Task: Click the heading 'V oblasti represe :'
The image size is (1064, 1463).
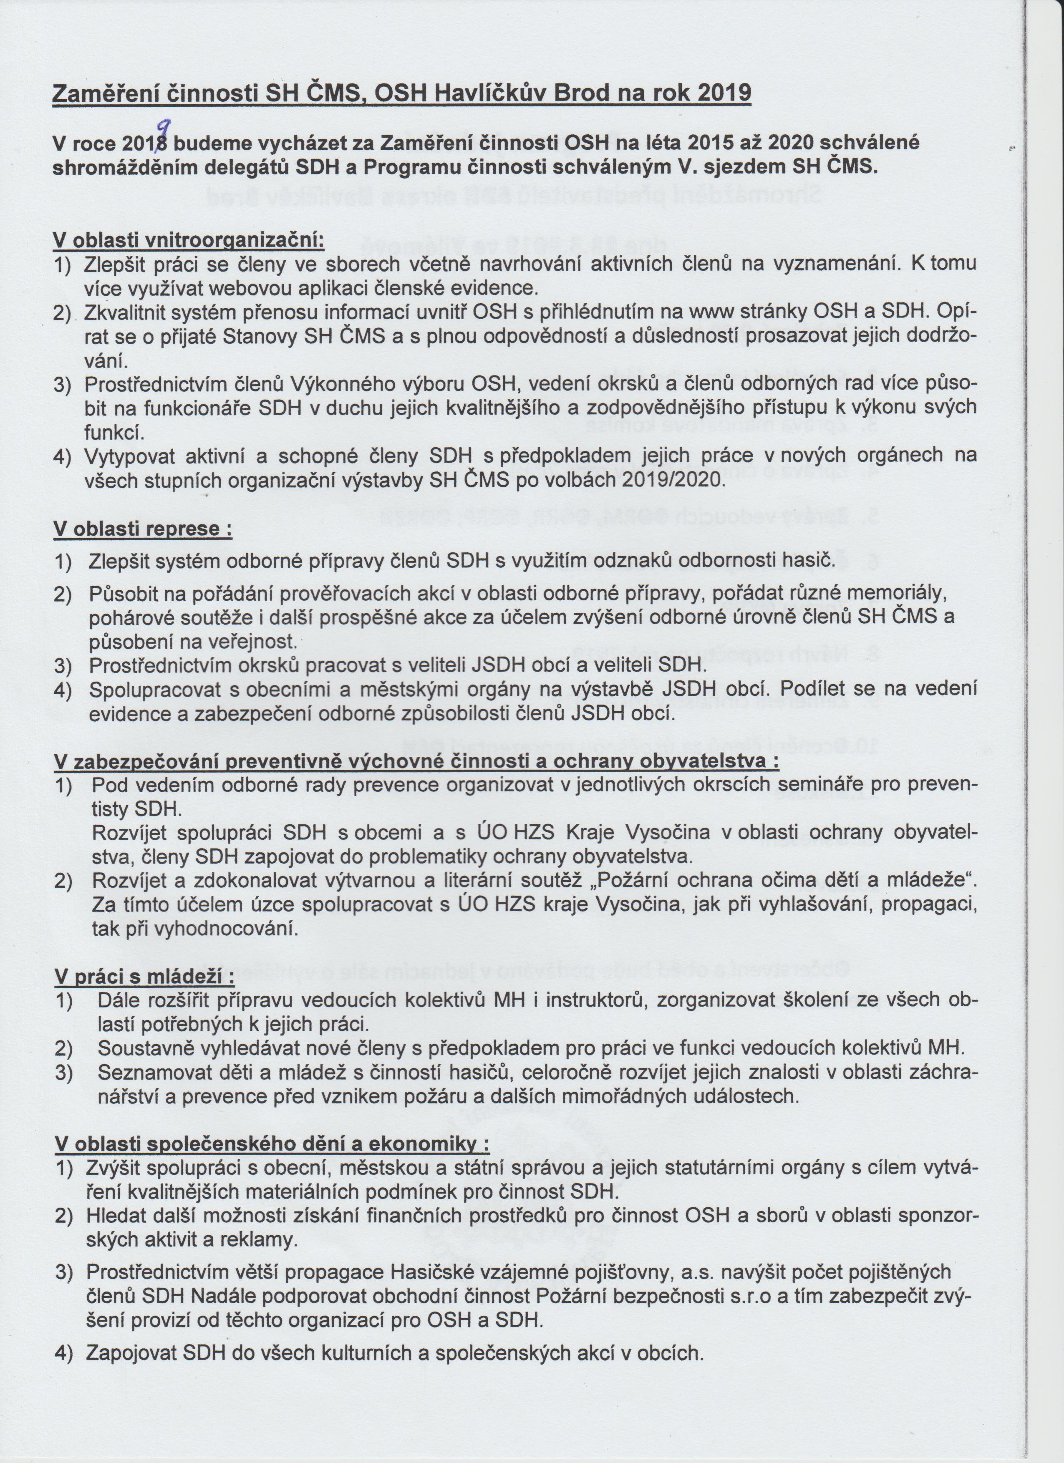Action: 143,529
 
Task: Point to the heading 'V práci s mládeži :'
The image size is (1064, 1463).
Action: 144,976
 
